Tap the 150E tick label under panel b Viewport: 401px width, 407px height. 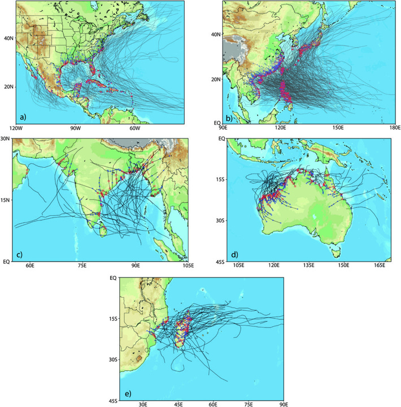337,129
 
